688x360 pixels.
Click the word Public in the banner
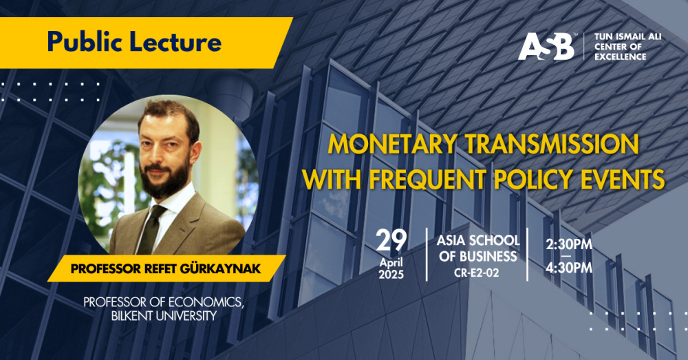pyautogui.click(x=79, y=43)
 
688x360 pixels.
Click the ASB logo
pyautogui.click(x=546, y=46)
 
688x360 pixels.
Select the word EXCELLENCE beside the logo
pyautogui.click(x=621, y=56)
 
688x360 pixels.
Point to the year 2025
pyautogui.click(x=391, y=275)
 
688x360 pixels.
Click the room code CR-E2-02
pyautogui.click(x=477, y=273)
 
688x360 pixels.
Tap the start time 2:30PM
pyautogui.click(x=569, y=244)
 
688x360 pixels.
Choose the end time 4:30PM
pyautogui.click(x=569, y=267)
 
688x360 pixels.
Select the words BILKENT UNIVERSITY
pyautogui.click(x=164, y=316)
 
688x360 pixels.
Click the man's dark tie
pyautogui.click(x=151, y=229)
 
